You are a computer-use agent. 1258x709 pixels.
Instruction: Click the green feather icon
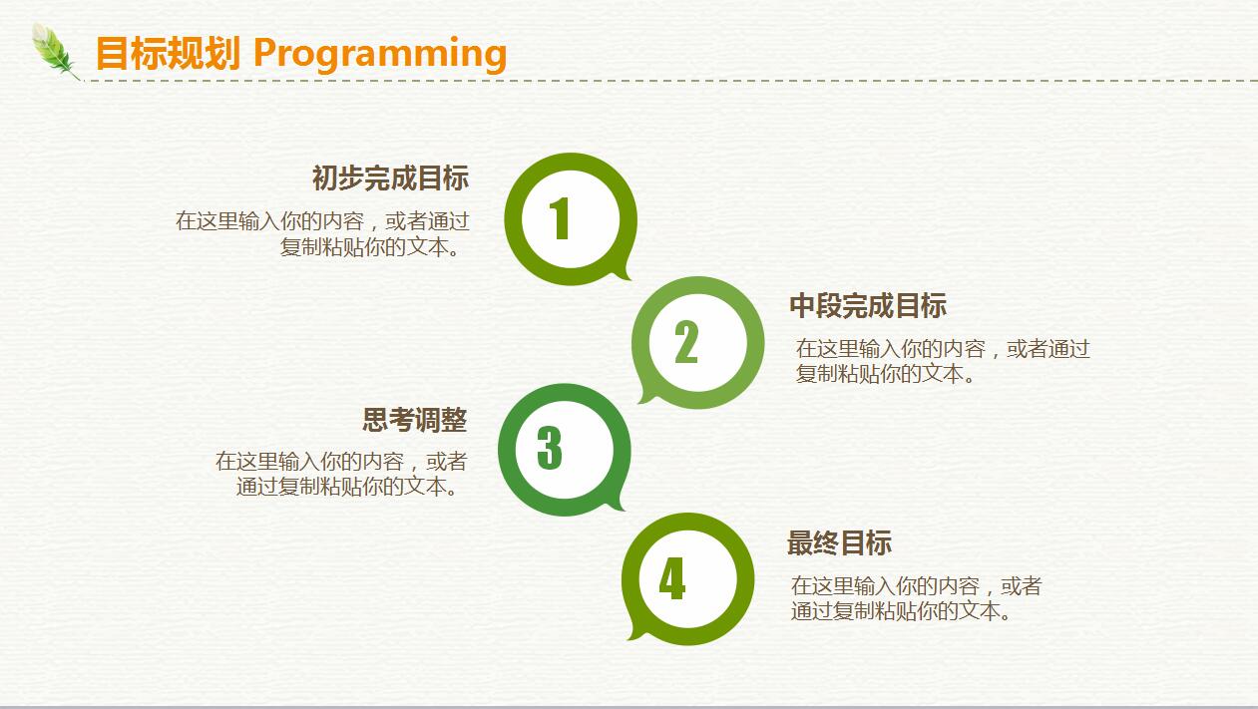point(55,51)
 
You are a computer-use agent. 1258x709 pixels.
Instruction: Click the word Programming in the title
point(380,55)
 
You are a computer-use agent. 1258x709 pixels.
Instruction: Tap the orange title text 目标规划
point(168,53)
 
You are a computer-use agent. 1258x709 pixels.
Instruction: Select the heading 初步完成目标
point(390,177)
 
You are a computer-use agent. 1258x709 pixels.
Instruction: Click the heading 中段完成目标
point(868,306)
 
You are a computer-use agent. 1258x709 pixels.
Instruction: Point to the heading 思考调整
point(414,420)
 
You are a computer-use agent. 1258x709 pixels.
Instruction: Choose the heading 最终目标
point(839,542)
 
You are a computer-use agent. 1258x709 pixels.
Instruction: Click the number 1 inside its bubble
point(560,218)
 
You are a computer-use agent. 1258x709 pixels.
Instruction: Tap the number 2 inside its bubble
point(685,342)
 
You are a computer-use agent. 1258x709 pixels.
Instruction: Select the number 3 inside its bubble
point(550,448)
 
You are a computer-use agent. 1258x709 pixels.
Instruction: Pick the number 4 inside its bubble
point(671,578)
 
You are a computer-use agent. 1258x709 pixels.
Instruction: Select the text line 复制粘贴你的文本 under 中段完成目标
point(886,373)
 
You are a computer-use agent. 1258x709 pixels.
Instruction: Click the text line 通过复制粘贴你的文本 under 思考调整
point(348,487)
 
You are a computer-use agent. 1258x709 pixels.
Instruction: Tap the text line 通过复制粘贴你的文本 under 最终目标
point(902,610)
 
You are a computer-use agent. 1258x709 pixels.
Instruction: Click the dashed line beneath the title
point(670,81)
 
